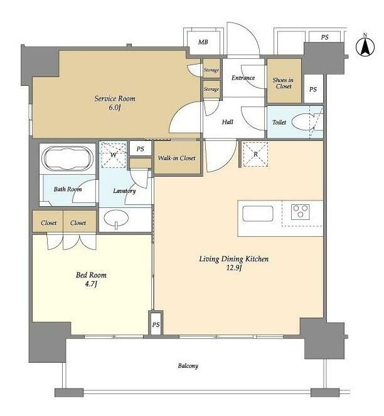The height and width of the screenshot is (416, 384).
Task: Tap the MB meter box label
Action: pos(203,42)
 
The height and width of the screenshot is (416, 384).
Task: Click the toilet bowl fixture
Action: pos(302,122)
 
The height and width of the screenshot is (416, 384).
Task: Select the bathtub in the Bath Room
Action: pos(68,159)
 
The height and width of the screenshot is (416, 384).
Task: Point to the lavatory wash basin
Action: pos(116,219)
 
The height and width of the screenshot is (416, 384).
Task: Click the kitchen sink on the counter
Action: pos(258,214)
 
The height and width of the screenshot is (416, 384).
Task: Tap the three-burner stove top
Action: pos(301,212)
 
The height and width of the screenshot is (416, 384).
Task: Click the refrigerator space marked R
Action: pos(255,154)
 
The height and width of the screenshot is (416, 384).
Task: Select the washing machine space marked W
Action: pos(114,155)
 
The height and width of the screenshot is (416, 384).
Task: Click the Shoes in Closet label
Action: pos(283,83)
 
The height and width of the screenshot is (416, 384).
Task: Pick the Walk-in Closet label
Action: pos(177,158)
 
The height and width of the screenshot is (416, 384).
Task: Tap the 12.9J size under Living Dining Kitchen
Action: pos(234,268)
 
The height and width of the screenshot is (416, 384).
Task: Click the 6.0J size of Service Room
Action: pos(115,108)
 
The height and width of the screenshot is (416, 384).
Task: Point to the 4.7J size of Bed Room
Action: pos(91,284)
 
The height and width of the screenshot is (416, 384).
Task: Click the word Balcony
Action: pos(188,366)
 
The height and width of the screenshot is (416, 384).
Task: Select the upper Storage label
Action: pos(211,70)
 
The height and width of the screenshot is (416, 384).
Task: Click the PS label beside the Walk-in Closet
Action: pos(141,149)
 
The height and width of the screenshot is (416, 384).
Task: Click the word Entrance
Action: pos(243,78)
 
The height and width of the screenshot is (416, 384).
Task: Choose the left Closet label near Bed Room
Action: pos(49,223)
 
